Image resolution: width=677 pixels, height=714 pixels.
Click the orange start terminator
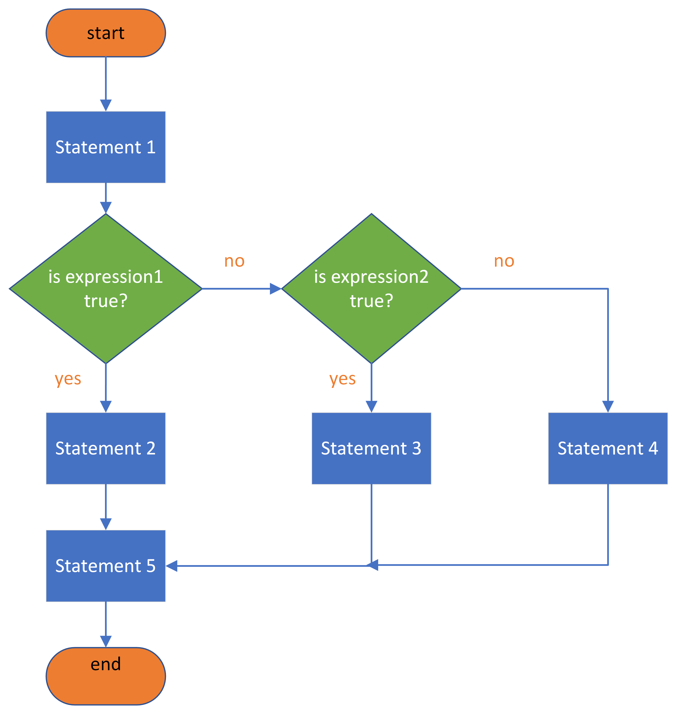pyautogui.click(x=106, y=33)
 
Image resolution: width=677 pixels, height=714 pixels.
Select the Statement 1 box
pyautogui.click(x=106, y=147)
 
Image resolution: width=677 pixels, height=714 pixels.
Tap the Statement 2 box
pyautogui.click(x=106, y=448)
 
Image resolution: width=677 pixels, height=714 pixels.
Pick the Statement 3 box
pyautogui.click(x=371, y=448)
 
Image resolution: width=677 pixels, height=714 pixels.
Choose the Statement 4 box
pyautogui.click(x=608, y=448)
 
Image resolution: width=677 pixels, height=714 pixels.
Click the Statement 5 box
pyautogui.click(x=106, y=566)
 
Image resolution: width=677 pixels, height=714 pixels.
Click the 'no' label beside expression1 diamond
pyautogui.click(x=235, y=261)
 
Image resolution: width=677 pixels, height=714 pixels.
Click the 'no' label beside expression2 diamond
pyautogui.click(x=504, y=261)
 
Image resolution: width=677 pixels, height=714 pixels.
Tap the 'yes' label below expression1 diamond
pyautogui.click(x=68, y=379)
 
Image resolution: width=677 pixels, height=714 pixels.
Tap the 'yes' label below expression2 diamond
pyautogui.click(x=342, y=379)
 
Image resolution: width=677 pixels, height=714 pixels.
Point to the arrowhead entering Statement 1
pyautogui.click(x=106, y=105)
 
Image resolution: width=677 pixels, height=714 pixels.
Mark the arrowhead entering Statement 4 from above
pyautogui.click(x=608, y=407)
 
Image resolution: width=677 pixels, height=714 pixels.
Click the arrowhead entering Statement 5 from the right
pyautogui.click(x=171, y=566)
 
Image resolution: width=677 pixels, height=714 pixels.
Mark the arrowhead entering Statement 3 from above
pyautogui.click(x=371, y=407)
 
